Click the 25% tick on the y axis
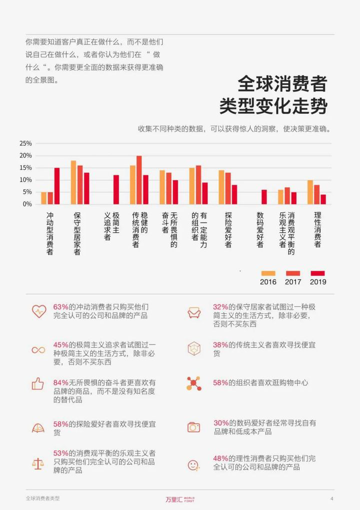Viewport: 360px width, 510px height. click(25, 143)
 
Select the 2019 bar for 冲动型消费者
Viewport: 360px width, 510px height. click(57, 186)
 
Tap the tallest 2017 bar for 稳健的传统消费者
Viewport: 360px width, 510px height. click(139, 180)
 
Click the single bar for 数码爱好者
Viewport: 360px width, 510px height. click(264, 197)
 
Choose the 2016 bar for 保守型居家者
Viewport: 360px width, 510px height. click(73, 182)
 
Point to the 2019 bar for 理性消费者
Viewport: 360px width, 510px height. click(323, 199)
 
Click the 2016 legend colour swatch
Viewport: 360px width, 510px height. click(268, 273)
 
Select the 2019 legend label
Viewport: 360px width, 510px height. click(318, 282)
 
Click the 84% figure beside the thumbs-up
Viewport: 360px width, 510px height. click(60, 382)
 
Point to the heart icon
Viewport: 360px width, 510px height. click(38, 311)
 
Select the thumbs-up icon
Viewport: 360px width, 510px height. click(38, 384)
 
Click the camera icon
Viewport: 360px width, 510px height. click(193, 427)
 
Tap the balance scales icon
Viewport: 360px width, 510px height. click(38, 463)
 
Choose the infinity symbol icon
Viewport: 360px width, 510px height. click(38, 350)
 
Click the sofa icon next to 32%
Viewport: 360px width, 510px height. click(193, 313)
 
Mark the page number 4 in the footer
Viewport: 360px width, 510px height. click(331, 498)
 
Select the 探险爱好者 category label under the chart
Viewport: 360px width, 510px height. click(228, 229)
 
